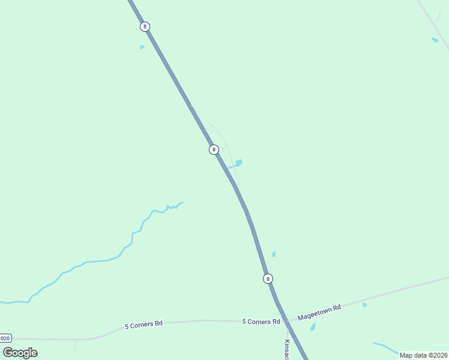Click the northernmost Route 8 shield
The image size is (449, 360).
click(145, 26)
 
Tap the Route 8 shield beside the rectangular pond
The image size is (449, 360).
click(214, 149)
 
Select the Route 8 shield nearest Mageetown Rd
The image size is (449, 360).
click(268, 278)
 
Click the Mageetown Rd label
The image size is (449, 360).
click(319, 310)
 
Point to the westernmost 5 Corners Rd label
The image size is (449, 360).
click(143, 325)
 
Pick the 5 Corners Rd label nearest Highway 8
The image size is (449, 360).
click(261, 322)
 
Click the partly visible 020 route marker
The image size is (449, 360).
click(5, 338)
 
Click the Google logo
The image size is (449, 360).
click(20, 353)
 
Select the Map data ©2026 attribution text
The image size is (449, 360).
click(423, 355)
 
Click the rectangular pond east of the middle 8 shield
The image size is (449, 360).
click(239, 163)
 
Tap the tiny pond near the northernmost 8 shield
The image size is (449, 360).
click(142, 47)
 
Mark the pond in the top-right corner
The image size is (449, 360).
click(435, 40)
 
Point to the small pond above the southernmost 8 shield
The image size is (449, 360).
click(274, 254)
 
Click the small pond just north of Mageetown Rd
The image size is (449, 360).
click(364, 305)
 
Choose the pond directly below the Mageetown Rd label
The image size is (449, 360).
click(313, 328)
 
